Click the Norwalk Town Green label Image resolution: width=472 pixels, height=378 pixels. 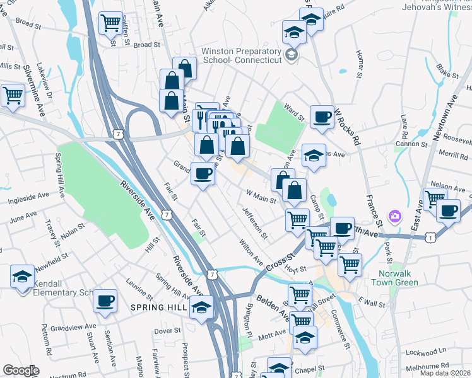[x=398, y=278]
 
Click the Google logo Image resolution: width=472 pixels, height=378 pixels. [x=21, y=370]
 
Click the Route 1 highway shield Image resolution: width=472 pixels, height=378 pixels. [x=430, y=237]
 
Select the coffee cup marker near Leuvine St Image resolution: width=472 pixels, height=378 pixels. [x=105, y=300]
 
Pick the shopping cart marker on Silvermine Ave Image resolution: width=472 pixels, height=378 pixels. [x=13, y=96]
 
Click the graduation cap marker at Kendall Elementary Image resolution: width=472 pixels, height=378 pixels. [x=22, y=276]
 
